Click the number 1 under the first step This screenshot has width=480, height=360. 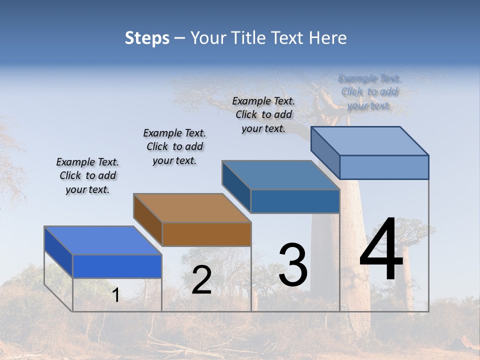(x=115, y=295)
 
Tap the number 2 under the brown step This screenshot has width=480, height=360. (x=201, y=280)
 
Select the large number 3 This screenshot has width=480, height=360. (x=292, y=265)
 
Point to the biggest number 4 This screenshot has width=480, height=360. (x=381, y=250)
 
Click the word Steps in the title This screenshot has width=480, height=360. (x=147, y=38)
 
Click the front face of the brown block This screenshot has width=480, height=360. (x=206, y=234)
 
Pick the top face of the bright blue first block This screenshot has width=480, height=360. (x=103, y=240)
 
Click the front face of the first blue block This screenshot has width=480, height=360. (x=117, y=266)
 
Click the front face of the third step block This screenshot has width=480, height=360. (x=295, y=201)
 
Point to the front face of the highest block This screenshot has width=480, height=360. (x=384, y=167)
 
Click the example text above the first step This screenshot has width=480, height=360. (x=87, y=176)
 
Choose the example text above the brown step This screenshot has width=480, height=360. (x=174, y=146)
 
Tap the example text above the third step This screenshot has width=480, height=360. (x=263, y=114)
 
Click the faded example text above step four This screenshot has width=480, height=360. (x=369, y=92)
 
